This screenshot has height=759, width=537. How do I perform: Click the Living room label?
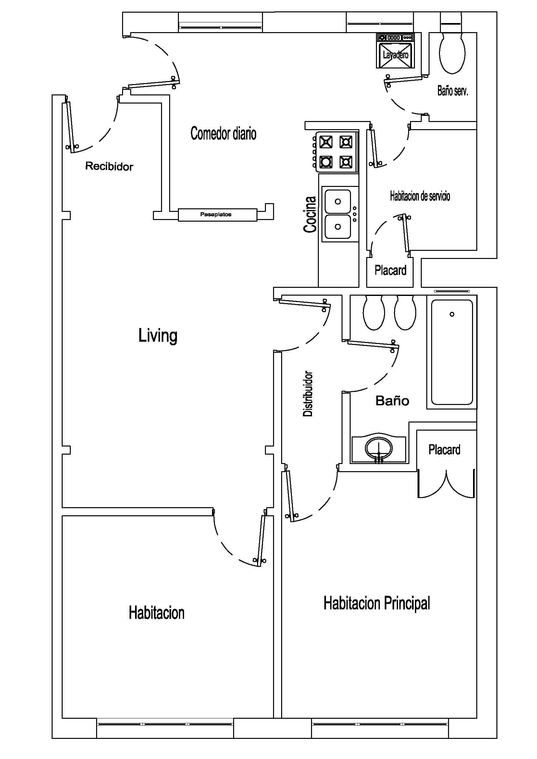(x=158, y=336)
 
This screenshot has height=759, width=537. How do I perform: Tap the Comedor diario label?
(x=223, y=133)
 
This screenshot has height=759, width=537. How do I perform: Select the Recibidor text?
(x=109, y=166)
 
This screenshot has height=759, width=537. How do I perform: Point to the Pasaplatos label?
(x=216, y=214)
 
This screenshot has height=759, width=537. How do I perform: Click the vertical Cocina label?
(x=310, y=214)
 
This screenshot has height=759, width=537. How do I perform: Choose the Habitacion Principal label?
(x=377, y=603)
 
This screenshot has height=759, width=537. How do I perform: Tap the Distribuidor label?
(x=308, y=393)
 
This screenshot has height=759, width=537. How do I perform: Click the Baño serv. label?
(x=453, y=91)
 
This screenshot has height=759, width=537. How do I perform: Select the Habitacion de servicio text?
(x=420, y=196)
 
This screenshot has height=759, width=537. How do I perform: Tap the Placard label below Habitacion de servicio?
(x=391, y=270)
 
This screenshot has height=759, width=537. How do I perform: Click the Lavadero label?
(x=395, y=55)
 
